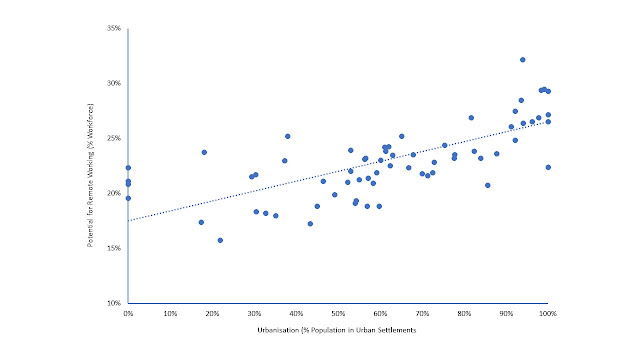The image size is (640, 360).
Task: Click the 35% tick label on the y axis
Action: pos(114,28)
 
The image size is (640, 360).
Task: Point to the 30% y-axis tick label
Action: pos(114,83)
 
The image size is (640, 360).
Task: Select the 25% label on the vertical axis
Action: pos(114,138)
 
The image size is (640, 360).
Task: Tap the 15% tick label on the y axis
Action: pos(114,248)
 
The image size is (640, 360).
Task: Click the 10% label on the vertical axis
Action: pos(114,303)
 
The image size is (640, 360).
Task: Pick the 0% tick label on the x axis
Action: pos(128,313)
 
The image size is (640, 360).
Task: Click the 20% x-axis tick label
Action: pos(212,313)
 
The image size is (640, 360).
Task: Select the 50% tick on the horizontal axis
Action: pos(338,313)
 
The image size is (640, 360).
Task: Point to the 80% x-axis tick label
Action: pos(464,313)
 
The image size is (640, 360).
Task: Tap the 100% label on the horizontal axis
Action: pos(548,313)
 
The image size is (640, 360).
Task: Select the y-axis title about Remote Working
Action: pos(90,175)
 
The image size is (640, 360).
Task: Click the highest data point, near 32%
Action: pos(522,60)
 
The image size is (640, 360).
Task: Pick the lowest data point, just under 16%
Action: pos(220,240)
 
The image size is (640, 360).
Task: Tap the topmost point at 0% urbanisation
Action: pos(128,168)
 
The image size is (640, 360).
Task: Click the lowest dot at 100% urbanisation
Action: pos(548,167)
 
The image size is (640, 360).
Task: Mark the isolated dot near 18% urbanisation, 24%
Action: pos(204,152)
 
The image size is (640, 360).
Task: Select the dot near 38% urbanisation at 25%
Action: pos(288,136)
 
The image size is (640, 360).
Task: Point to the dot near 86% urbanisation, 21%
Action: pos(487,185)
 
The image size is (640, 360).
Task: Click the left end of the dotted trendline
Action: pos(129,221)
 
